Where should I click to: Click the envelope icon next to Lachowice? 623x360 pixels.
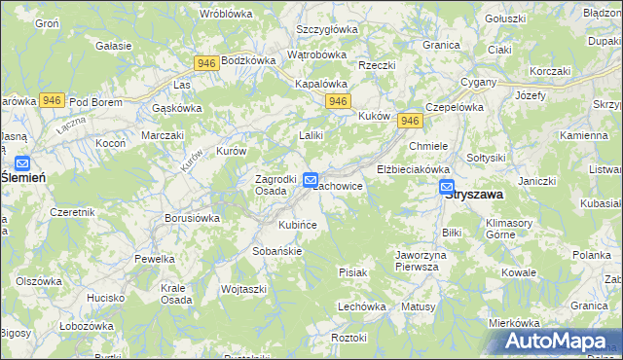click(x=311, y=180)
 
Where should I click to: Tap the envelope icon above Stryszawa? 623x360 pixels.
click(x=447, y=187)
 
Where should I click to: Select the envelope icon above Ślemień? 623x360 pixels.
click(x=22, y=164)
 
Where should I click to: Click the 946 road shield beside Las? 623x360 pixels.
click(x=205, y=63)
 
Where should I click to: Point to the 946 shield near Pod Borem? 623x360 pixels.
click(x=53, y=100)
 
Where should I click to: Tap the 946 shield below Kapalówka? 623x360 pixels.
click(x=338, y=101)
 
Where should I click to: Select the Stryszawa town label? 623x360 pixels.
click(x=474, y=195)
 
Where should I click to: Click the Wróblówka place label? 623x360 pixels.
click(x=226, y=14)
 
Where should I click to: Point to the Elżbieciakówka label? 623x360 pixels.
click(x=412, y=168)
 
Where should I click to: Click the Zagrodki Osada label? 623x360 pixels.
click(x=275, y=185)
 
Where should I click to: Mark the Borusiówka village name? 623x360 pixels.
click(x=192, y=219)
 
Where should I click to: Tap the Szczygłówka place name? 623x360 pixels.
click(x=327, y=29)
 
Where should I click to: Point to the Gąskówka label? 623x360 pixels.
click(x=177, y=108)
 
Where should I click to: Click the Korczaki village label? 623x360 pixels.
click(x=549, y=72)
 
